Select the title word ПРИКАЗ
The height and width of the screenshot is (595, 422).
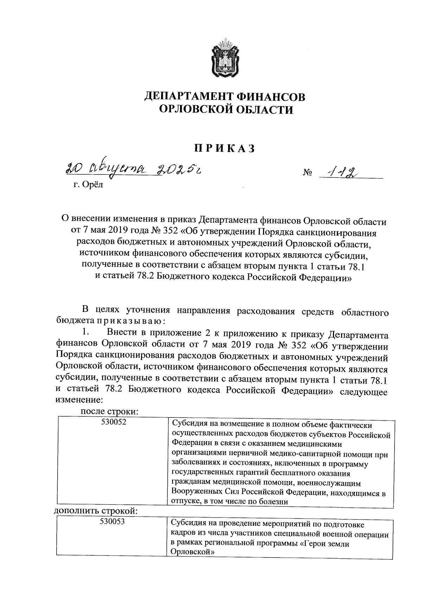225,148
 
